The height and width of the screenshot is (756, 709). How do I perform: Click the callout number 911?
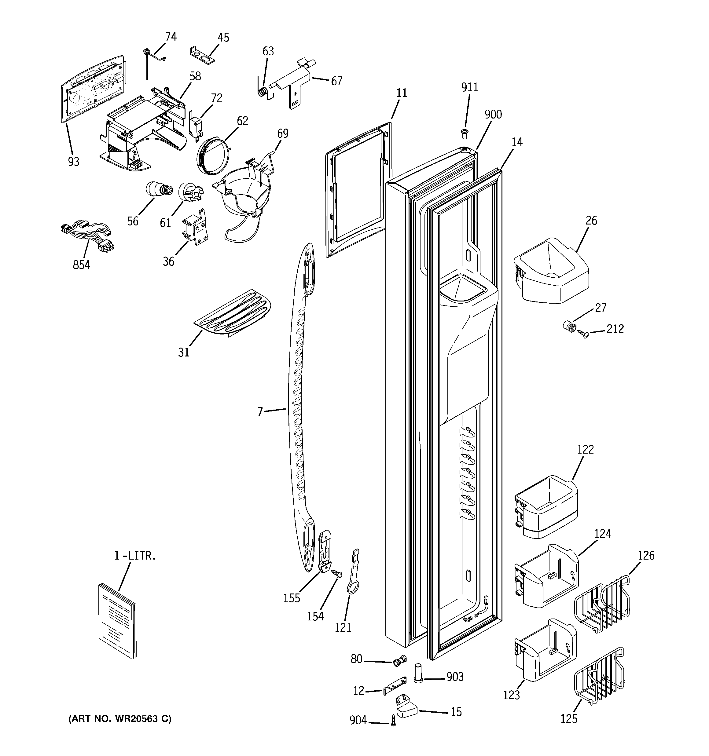click(x=470, y=87)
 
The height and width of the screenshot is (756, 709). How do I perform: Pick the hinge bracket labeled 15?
click(x=406, y=705)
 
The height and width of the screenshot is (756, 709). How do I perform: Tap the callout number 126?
click(x=646, y=556)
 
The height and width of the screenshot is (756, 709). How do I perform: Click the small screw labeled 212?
click(x=583, y=334)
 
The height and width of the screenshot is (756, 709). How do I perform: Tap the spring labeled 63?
click(x=261, y=92)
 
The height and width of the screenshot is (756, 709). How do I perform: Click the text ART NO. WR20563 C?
click(x=120, y=719)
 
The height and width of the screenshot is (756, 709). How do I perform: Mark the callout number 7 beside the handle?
click(x=260, y=412)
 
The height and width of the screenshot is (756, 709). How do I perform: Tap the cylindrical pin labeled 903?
click(x=418, y=674)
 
